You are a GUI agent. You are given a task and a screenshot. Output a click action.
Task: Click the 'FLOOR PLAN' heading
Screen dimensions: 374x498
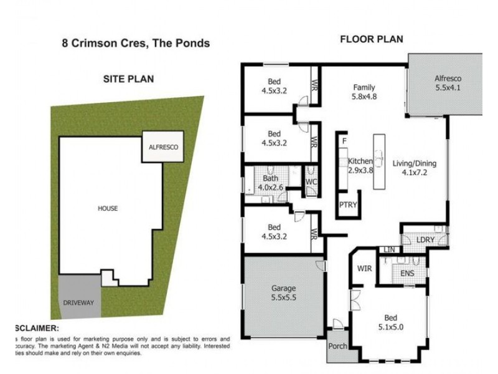(371, 39)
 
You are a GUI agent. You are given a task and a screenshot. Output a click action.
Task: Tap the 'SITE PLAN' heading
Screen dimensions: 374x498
(128, 79)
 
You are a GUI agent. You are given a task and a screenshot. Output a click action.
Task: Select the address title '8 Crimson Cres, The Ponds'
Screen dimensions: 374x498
(135, 44)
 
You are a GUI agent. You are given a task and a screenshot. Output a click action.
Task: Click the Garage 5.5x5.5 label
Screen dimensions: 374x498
(283, 293)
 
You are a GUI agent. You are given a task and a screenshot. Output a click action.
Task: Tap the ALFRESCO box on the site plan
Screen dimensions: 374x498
(163, 147)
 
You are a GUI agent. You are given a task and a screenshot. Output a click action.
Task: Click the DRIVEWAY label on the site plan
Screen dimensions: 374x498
(78, 302)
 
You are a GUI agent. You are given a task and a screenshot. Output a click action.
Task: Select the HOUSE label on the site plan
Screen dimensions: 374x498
(107, 208)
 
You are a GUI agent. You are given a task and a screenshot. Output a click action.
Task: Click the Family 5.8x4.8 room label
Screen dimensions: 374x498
(364, 92)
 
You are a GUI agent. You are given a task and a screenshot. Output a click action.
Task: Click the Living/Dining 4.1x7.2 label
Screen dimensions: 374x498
(414, 169)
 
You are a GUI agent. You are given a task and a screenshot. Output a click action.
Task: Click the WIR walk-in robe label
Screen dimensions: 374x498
(364, 269)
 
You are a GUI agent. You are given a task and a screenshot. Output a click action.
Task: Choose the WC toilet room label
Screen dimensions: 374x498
(312, 182)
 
